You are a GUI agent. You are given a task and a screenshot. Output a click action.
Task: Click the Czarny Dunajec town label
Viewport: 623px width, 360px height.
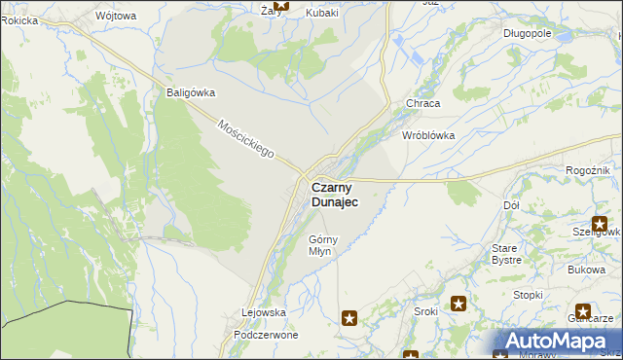pyautogui.click(x=334, y=194)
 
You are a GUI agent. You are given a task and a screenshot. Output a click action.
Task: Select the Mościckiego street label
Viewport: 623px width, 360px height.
pyautogui.click(x=246, y=140)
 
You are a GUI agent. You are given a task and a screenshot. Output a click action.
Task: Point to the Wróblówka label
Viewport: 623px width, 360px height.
pyautogui.click(x=428, y=136)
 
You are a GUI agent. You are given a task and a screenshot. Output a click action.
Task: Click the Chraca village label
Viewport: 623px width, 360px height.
pyautogui.click(x=423, y=103)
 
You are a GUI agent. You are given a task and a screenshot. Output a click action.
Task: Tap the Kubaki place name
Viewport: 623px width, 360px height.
pyautogui.click(x=321, y=13)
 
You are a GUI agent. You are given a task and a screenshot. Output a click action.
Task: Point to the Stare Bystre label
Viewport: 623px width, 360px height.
pyautogui.click(x=506, y=254)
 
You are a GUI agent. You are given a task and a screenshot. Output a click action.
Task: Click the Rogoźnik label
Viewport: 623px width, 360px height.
pyautogui.click(x=587, y=170)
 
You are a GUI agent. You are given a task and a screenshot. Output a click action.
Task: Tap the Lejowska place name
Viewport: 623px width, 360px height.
pyautogui.click(x=263, y=312)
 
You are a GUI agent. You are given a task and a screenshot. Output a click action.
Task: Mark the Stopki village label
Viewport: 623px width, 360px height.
pyautogui.click(x=528, y=295)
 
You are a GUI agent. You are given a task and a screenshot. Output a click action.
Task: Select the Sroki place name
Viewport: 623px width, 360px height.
pyautogui.click(x=425, y=312)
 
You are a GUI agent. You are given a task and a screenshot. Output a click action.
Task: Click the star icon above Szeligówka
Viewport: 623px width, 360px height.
pyautogui.click(x=601, y=224)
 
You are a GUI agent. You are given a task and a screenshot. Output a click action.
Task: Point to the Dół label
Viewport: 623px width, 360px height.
pyautogui.click(x=511, y=206)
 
